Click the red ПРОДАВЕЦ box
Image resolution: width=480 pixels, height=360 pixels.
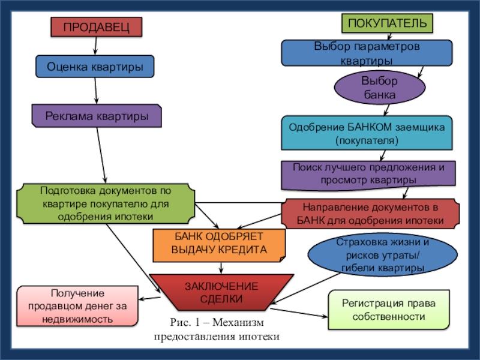tap(97, 27)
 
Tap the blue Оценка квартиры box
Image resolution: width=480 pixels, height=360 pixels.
tap(95, 67)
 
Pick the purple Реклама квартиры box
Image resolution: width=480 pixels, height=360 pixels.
tap(96, 116)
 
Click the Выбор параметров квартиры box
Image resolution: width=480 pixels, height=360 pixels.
tap(367, 53)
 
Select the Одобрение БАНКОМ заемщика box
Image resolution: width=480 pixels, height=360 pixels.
tap(367, 133)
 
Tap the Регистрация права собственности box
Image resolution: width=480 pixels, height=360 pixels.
tap(389, 310)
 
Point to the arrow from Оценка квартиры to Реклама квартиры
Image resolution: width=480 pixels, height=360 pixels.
tap(96, 91)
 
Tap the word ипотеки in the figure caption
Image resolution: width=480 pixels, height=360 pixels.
tap(260, 337)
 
